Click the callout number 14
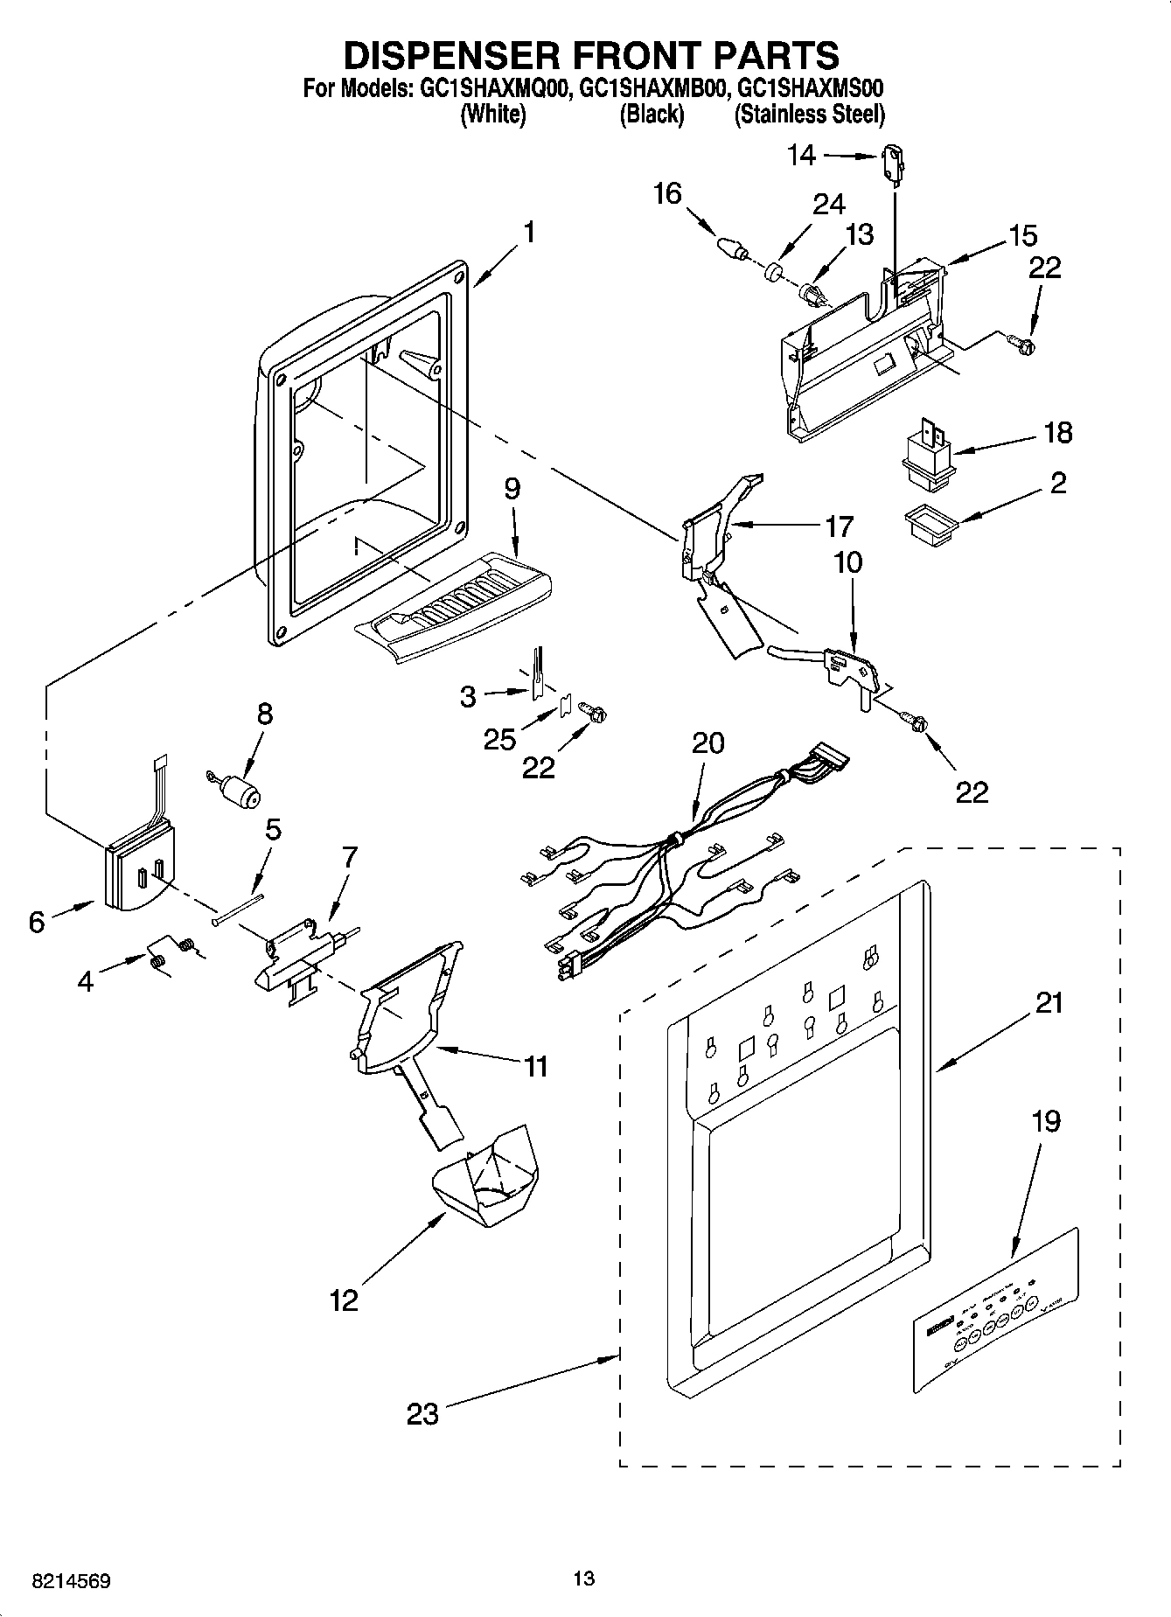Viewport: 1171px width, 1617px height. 801,155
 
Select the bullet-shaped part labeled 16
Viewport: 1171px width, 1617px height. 730,247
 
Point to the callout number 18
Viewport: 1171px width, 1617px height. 1057,433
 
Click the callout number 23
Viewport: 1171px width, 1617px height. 422,1413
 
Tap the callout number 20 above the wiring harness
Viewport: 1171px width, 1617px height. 707,742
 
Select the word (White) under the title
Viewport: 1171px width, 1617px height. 493,114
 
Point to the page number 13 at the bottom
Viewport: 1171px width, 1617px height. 584,1579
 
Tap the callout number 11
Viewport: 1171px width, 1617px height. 534,1066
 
